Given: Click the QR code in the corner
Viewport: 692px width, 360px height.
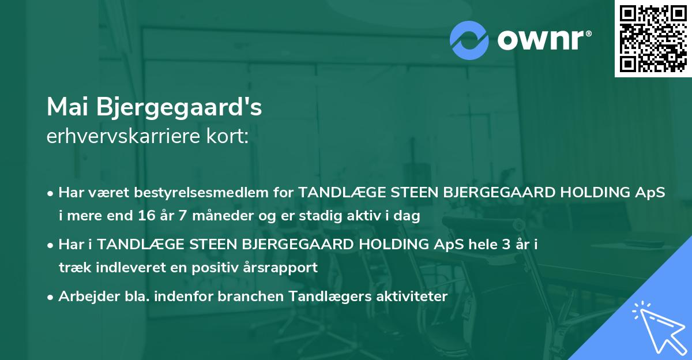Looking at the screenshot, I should (x=653, y=38).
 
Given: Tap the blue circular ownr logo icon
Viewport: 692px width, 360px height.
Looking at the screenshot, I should (x=469, y=40).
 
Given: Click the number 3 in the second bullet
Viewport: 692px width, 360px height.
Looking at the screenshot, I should (x=506, y=245).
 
